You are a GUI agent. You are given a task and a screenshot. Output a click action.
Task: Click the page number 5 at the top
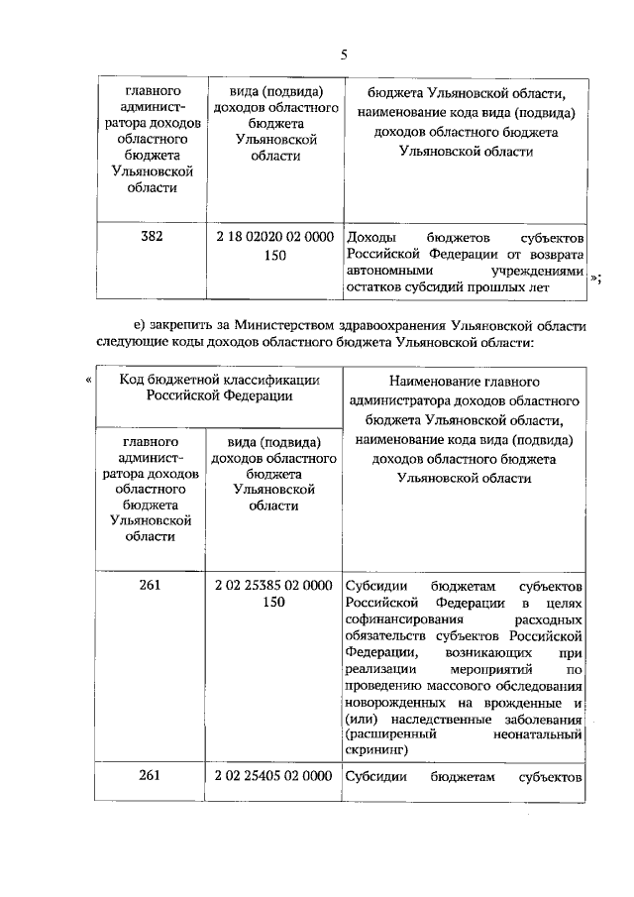pos(343,56)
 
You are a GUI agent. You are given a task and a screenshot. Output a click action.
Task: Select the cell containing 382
pos(152,238)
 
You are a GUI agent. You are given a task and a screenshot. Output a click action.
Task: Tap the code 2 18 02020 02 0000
pos(273,238)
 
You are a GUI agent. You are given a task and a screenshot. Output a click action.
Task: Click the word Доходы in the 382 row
pos(370,239)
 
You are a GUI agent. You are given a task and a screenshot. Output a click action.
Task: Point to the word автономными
pos(388,271)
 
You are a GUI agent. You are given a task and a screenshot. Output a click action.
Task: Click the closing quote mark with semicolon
pos(595,280)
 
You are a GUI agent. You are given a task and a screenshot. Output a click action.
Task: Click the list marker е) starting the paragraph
pos(140,324)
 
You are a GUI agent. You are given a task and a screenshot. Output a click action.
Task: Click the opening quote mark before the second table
pos(90,380)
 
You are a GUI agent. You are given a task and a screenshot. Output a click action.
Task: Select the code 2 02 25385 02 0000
pos(273,586)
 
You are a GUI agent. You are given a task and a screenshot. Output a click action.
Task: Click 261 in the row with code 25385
pos(152,586)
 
